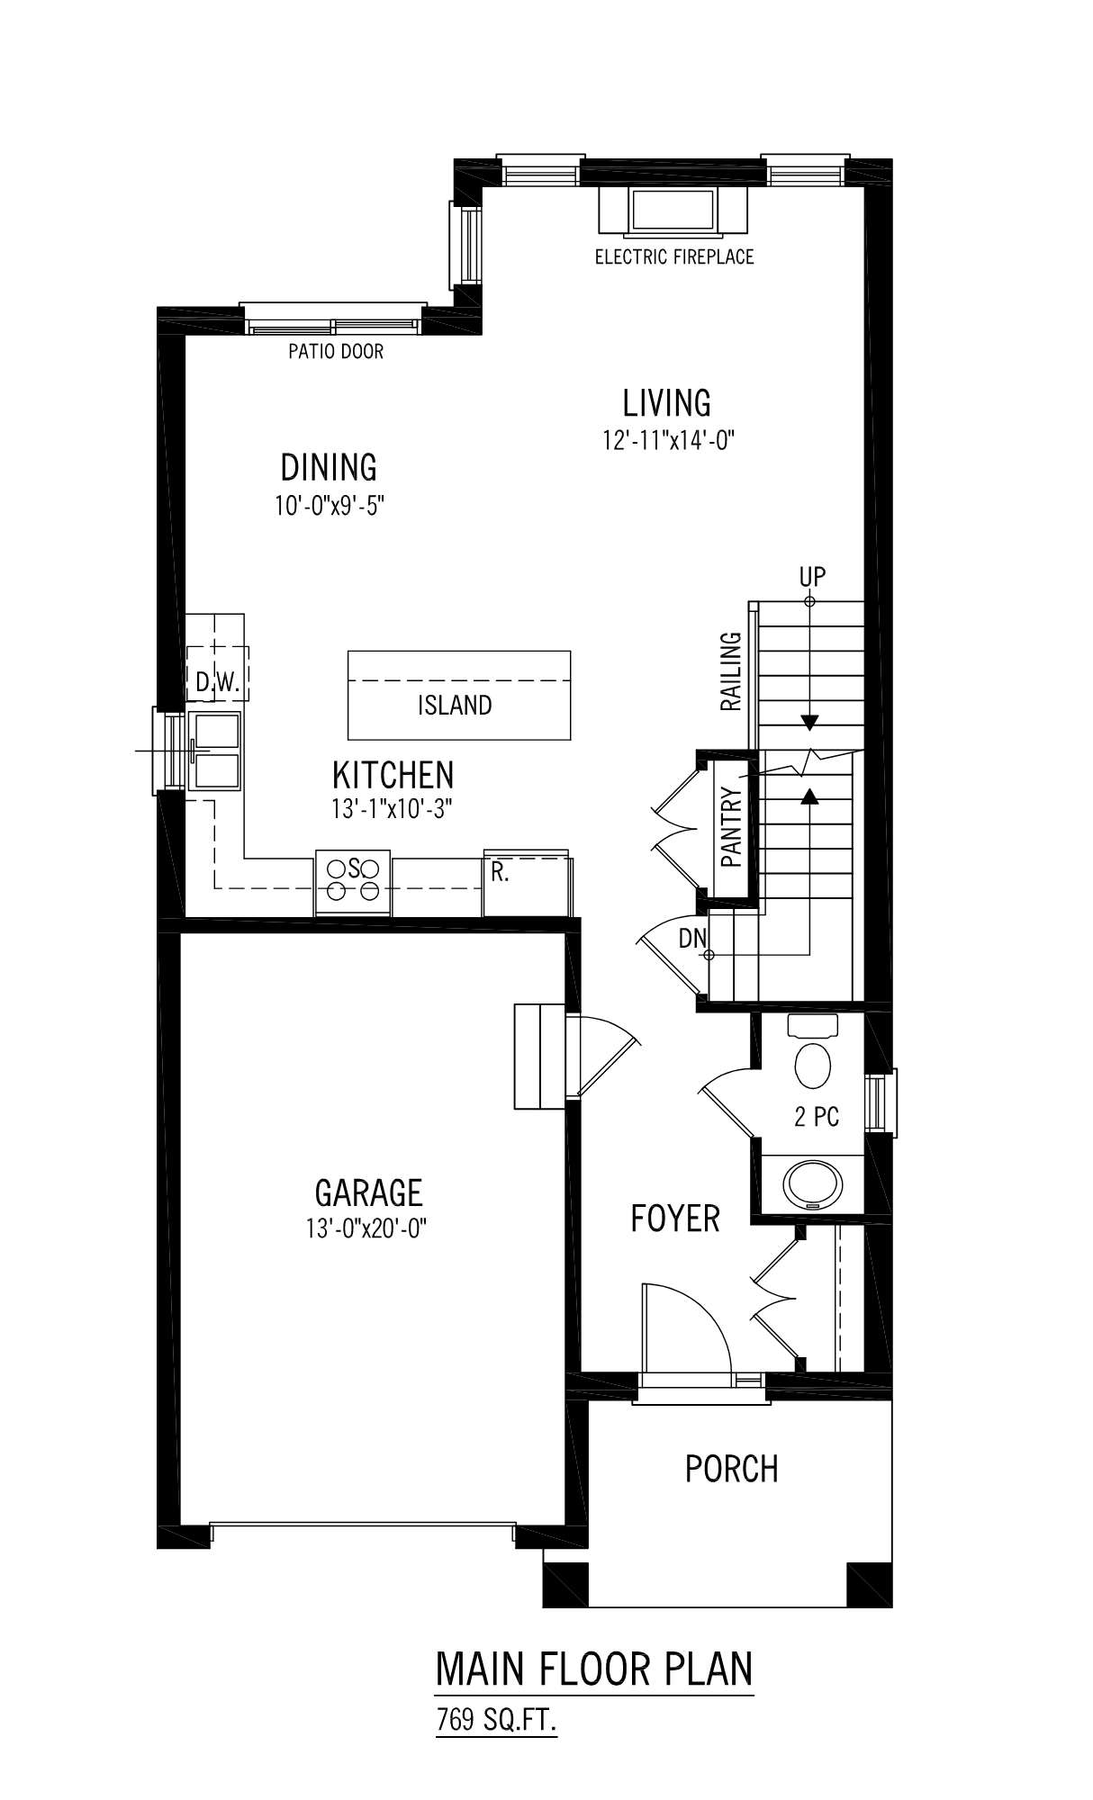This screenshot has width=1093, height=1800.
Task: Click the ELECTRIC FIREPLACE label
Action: [674, 257]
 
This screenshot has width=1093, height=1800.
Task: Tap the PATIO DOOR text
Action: [336, 351]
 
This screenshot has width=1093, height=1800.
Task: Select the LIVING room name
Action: [667, 402]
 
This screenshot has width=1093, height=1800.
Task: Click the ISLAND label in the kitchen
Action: [455, 705]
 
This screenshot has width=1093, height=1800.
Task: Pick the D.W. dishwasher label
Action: [218, 683]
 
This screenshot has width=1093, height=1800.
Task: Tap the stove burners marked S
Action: [353, 879]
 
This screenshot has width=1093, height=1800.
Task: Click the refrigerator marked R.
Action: [528, 882]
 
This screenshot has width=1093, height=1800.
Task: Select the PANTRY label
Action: [731, 827]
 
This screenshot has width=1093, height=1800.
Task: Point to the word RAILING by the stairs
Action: [731, 671]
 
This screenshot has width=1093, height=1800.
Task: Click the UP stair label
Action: [812, 576]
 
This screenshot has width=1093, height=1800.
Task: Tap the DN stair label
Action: [692, 939]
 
